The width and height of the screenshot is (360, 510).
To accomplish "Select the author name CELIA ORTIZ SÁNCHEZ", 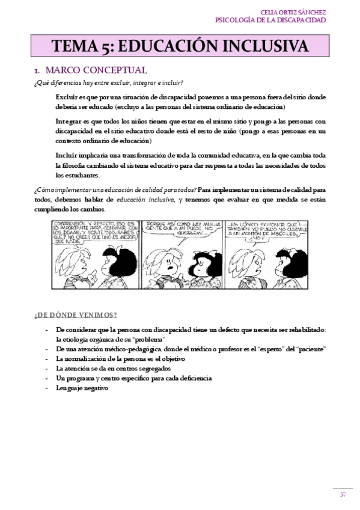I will pos(293,11).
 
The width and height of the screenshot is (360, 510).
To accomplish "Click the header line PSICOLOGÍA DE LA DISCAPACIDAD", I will pos(270,20).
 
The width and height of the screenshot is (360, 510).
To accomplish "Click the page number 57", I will pos(343,495).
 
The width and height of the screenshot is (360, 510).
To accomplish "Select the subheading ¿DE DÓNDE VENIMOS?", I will pos(76,315).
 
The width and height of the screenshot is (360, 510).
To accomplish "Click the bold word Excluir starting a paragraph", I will pos(66,97).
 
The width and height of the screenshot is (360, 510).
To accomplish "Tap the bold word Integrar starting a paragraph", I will pos(67,120).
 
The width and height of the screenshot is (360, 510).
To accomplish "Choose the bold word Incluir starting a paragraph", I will pos(66,155).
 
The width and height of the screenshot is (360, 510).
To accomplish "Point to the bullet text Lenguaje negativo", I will pos(82,389).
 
